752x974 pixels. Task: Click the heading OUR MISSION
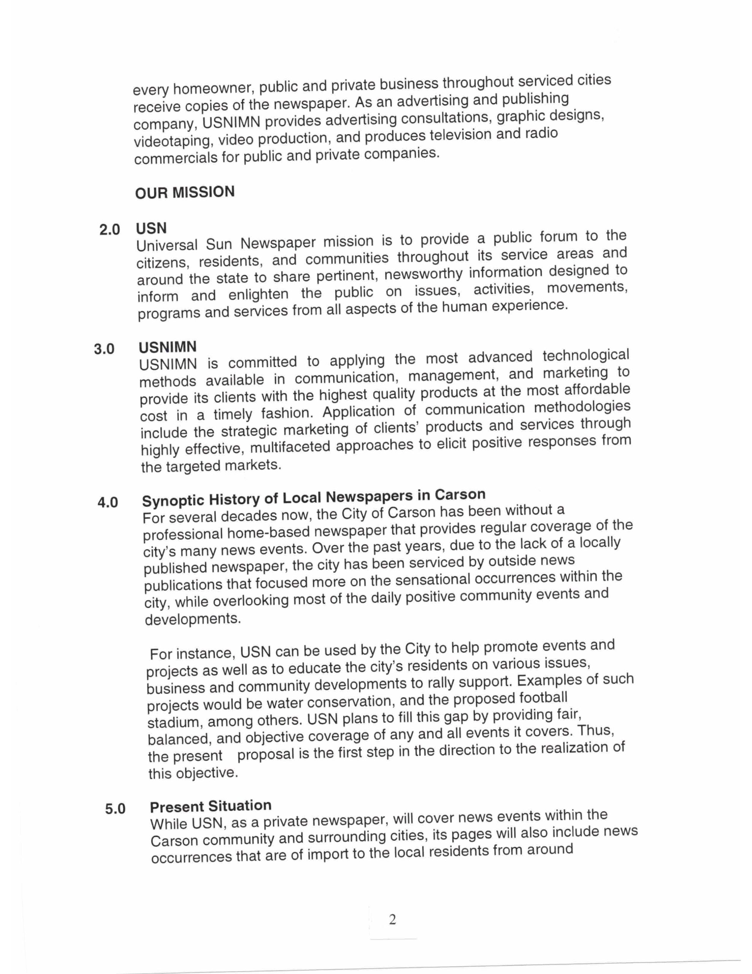point(184,193)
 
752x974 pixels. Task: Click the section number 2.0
point(109,230)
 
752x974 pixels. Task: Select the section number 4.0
point(108,503)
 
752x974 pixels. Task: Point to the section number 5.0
point(116,808)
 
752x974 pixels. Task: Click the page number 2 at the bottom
point(392,919)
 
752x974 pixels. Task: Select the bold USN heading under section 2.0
point(151,228)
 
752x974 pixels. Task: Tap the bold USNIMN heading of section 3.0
point(167,347)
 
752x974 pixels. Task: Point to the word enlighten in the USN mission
point(258,294)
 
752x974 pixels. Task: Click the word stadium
point(173,721)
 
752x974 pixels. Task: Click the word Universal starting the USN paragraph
point(167,245)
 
